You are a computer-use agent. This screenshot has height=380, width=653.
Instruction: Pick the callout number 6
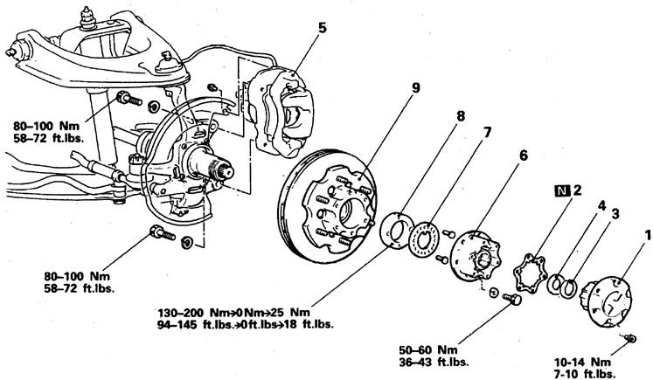[523, 155]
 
